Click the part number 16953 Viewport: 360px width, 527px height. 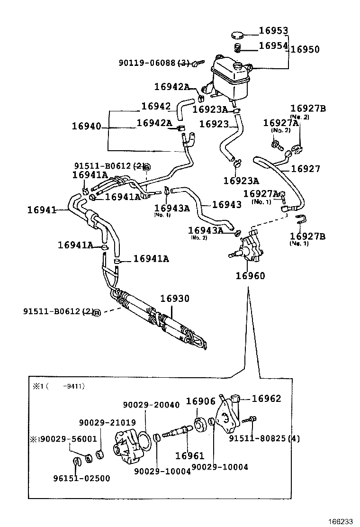pyautogui.click(x=273, y=31)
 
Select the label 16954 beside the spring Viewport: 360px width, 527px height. pyautogui.click(x=273, y=45)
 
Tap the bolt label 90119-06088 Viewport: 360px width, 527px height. pyautogui.click(x=147, y=63)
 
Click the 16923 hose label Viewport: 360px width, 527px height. pyautogui.click(x=214, y=124)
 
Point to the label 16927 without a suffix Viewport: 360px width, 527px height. pyautogui.click(x=305, y=168)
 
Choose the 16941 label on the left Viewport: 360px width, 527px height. pyautogui.click(x=42, y=209)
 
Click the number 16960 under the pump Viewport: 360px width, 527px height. pyautogui.click(x=250, y=276)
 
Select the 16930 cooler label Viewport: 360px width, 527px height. pyautogui.click(x=174, y=299)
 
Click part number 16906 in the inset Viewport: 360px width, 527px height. pyautogui.click(x=200, y=401)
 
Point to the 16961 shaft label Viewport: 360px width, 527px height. pyautogui.click(x=189, y=456)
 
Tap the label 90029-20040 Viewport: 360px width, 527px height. pyautogui.click(x=151, y=405)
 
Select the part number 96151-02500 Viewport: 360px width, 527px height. pyautogui.click(x=81, y=478)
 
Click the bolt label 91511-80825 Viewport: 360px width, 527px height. pyautogui.click(x=259, y=438)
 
